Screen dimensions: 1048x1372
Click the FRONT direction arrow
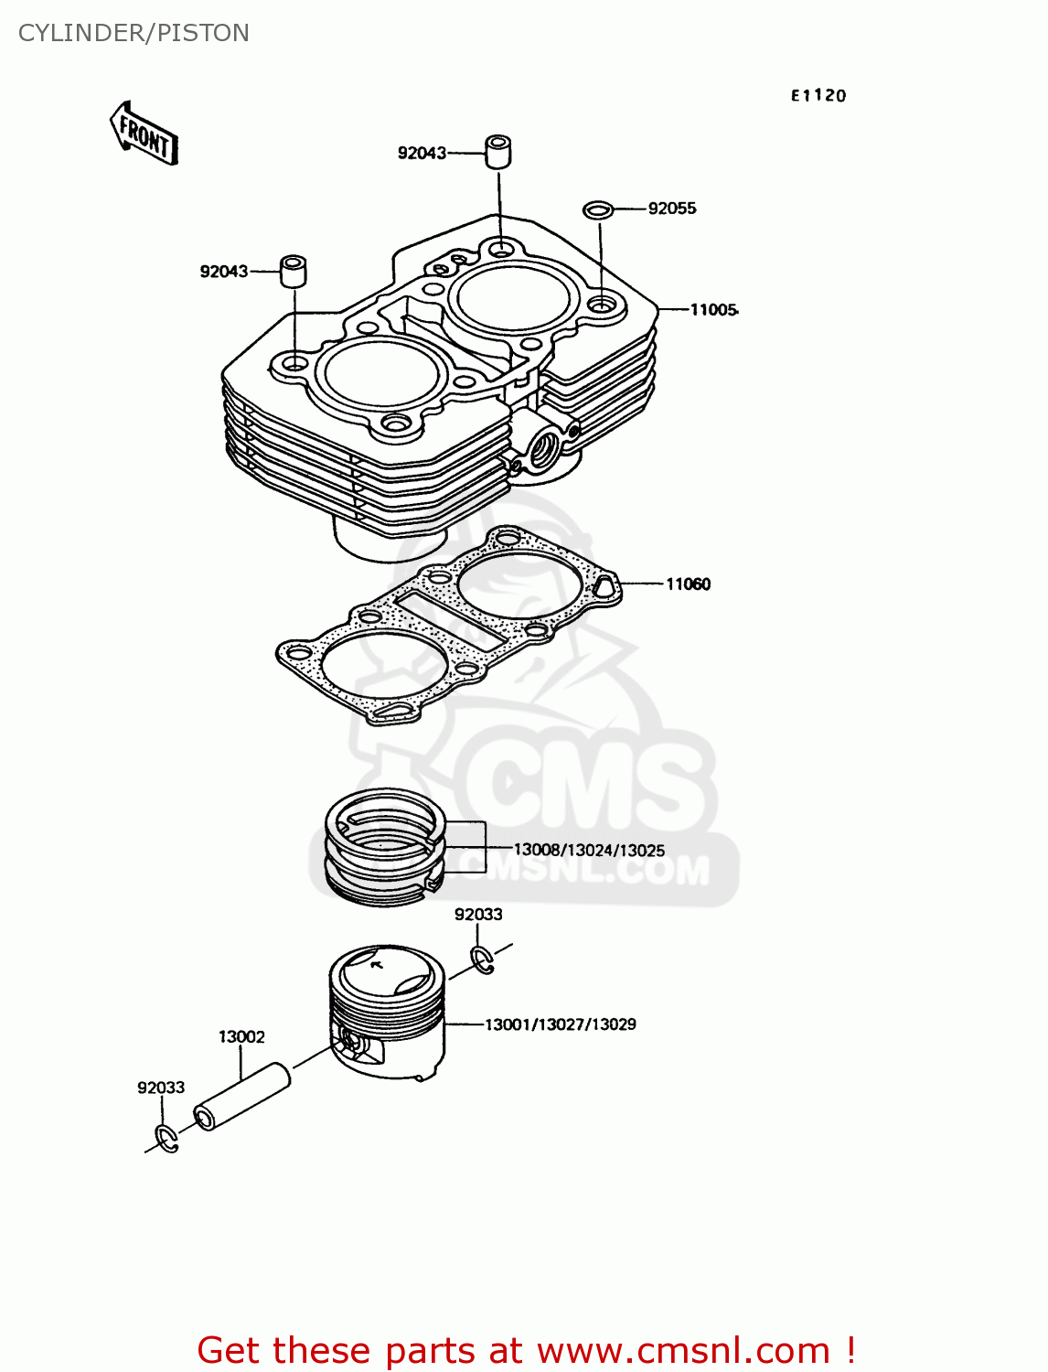[x=144, y=134]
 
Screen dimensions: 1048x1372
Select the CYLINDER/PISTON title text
[x=134, y=33]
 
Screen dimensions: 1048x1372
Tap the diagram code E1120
[x=818, y=95]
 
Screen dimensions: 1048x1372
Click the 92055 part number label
[x=672, y=209]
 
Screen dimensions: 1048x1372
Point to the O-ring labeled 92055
[x=598, y=210]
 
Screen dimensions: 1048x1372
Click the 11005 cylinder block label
[x=713, y=310]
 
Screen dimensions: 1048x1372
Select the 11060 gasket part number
[x=688, y=584]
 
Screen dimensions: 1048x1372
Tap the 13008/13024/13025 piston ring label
[x=589, y=851]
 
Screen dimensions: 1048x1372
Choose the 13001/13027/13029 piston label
[x=560, y=1024]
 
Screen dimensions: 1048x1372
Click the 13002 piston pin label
[x=241, y=1036]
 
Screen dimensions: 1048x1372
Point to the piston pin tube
[x=242, y=1096]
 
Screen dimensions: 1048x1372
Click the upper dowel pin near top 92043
[x=497, y=152]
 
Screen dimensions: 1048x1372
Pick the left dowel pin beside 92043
[x=293, y=271]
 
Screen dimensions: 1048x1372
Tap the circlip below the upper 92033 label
[x=483, y=959]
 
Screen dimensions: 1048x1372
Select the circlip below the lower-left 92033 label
[x=166, y=1140]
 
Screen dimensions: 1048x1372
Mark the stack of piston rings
[x=385, y=846]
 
